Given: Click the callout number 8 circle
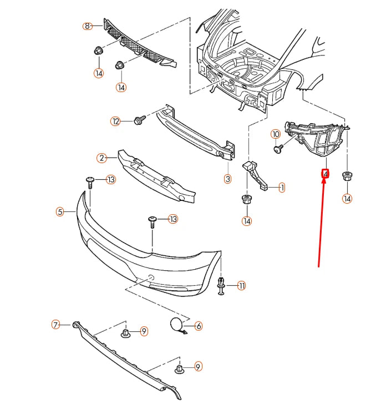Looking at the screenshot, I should click(x=87, y=26).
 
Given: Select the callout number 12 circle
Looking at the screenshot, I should click(x=115, y=121).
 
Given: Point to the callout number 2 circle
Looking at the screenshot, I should click(x=101, y=158).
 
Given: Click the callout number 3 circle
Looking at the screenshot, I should click(x=227, y=179).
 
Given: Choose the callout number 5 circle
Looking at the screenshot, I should click(x=60, y=211).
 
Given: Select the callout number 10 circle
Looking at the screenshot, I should click(x=276, y=134).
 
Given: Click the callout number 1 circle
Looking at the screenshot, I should click(x=282, y=188).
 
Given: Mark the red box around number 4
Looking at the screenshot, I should click(x=325, y=174).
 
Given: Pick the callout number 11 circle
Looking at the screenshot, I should click(x=241, y=286).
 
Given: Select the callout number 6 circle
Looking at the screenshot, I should click(x=198, y=326).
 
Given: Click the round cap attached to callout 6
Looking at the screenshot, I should click(x=177, y=325).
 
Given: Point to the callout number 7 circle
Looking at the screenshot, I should click(x=55, y=325).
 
